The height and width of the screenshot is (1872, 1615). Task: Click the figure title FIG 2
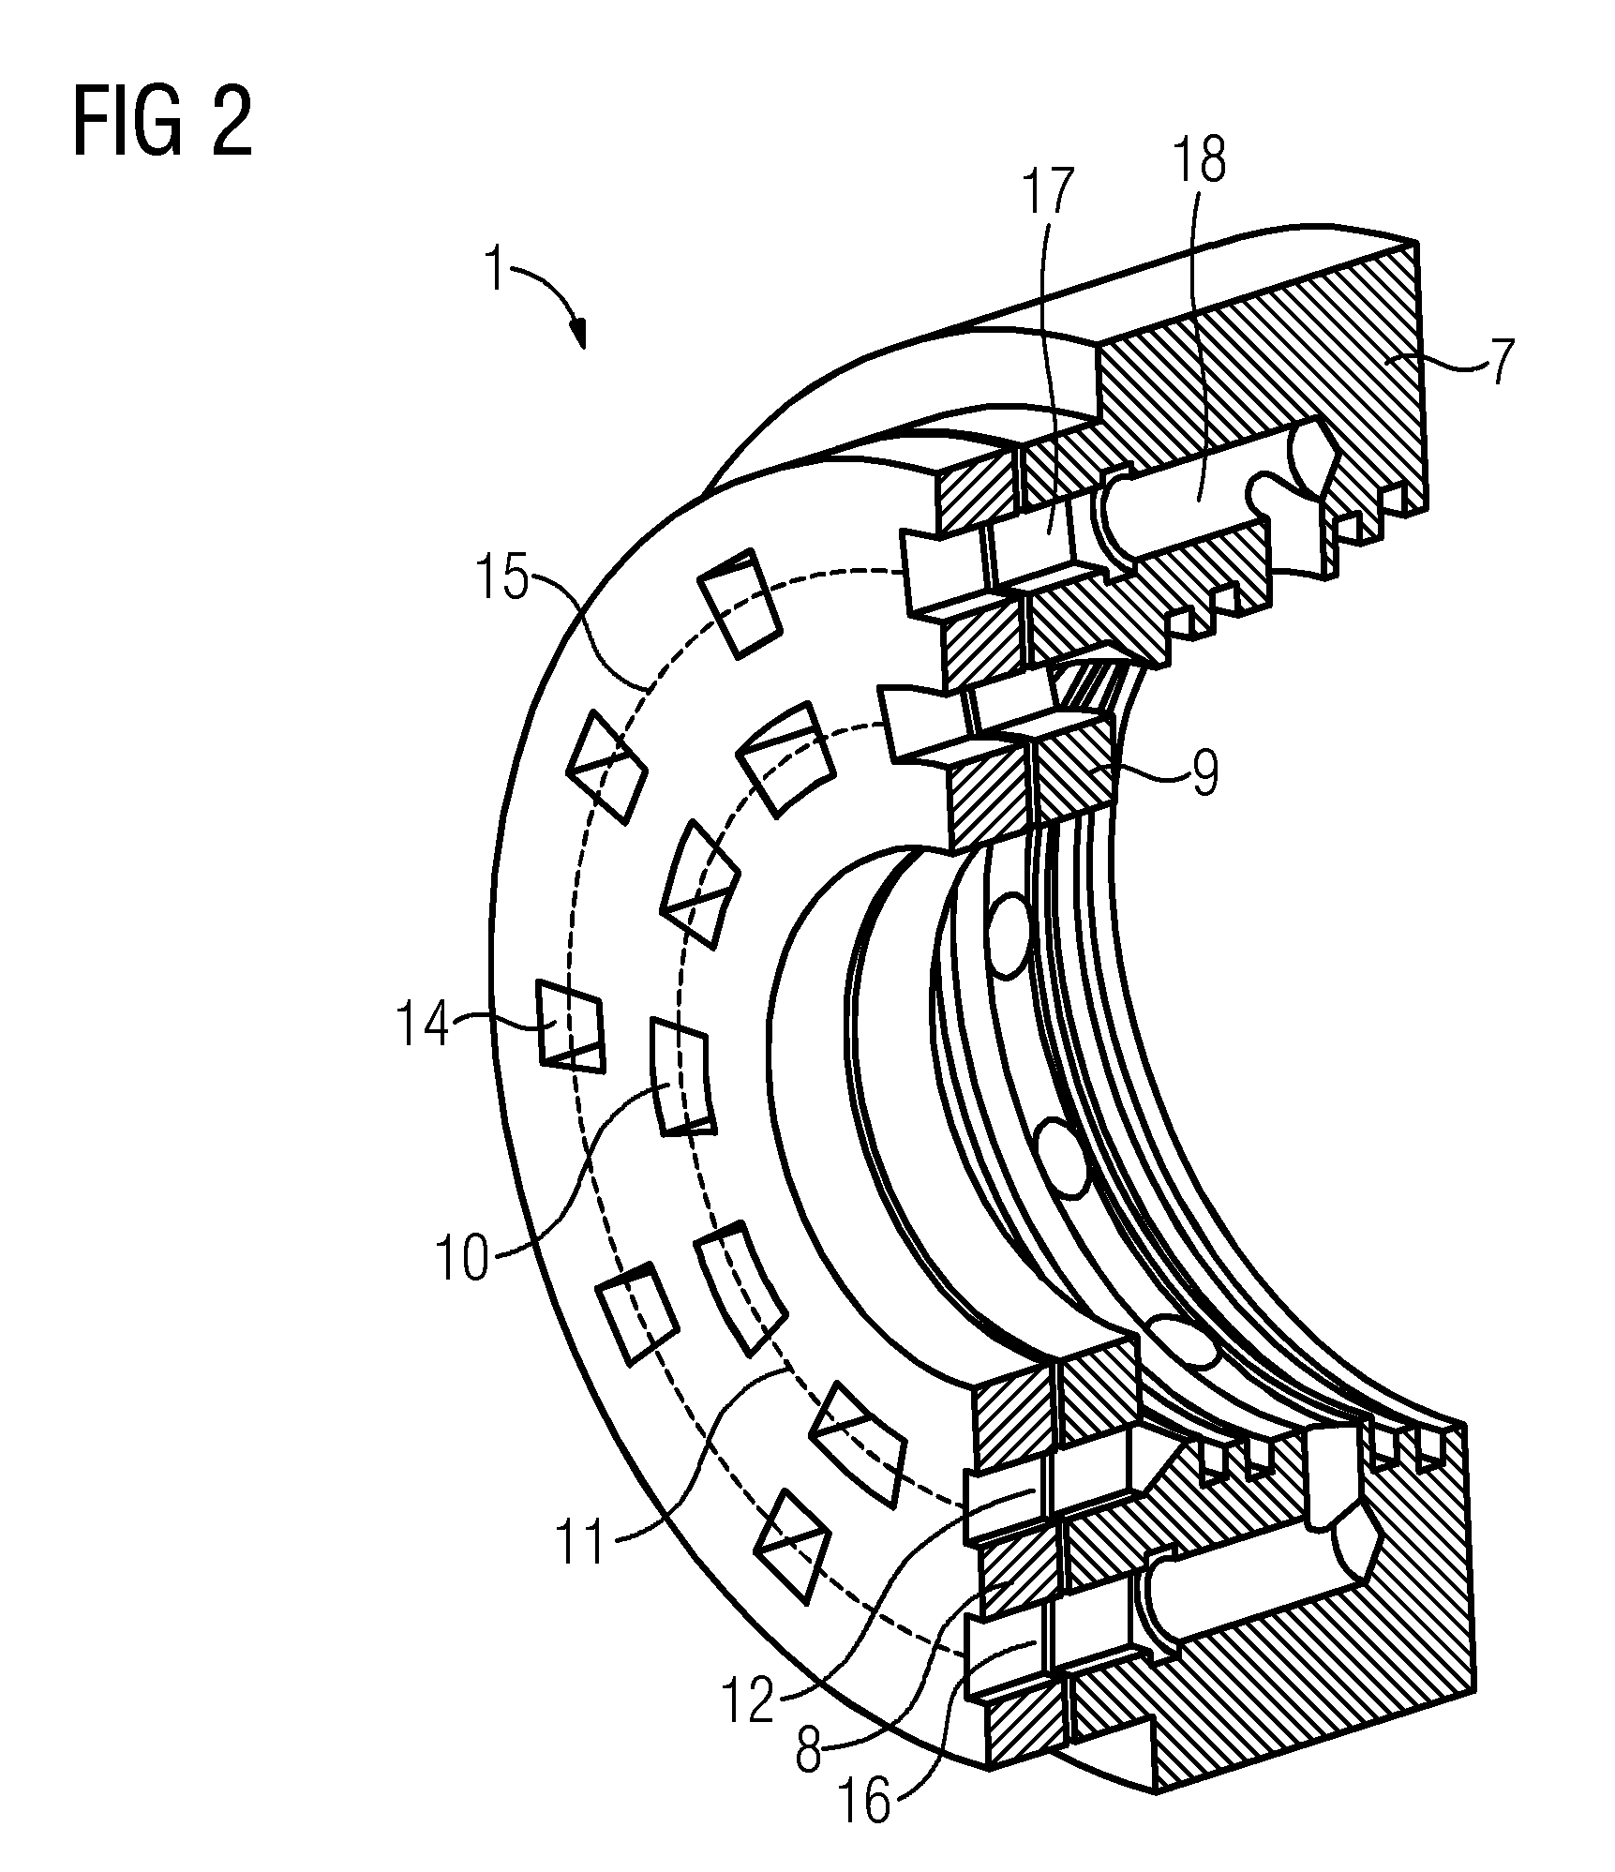(x=163, y=123)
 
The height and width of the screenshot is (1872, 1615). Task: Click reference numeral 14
(x=424, y=1025)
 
